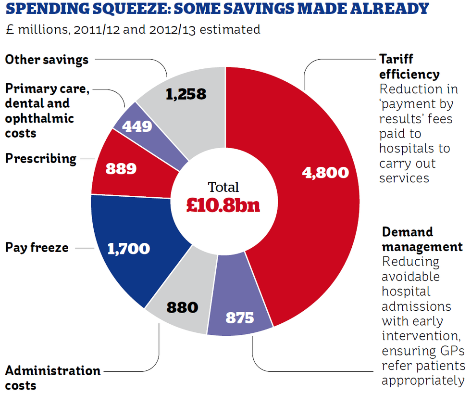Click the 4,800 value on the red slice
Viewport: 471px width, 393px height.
click(325, 172)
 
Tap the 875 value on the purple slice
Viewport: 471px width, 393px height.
click(239, 318)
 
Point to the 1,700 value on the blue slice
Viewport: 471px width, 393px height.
click(129, 249)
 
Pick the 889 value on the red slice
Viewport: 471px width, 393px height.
click(121, 169)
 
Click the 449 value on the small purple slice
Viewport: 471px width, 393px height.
click(137, 126)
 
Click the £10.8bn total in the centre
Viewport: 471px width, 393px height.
click(223, 204)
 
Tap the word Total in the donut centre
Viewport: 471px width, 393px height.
click(223, 187)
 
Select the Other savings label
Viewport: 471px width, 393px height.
click(47, 60)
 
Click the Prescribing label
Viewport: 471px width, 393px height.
click(41, 159)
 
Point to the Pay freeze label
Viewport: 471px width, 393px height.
click(37, 248)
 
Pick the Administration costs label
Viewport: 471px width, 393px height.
click(53, 378)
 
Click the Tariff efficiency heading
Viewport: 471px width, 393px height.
click(409, 67)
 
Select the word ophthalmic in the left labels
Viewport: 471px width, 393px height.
click(40, 118)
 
